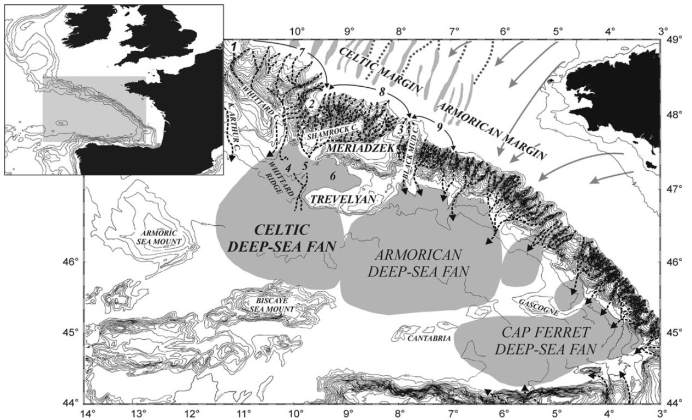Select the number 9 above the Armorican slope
pyautogui.click(x=438, y=127)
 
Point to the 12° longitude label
pyautogui.click(x=192, y=413)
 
